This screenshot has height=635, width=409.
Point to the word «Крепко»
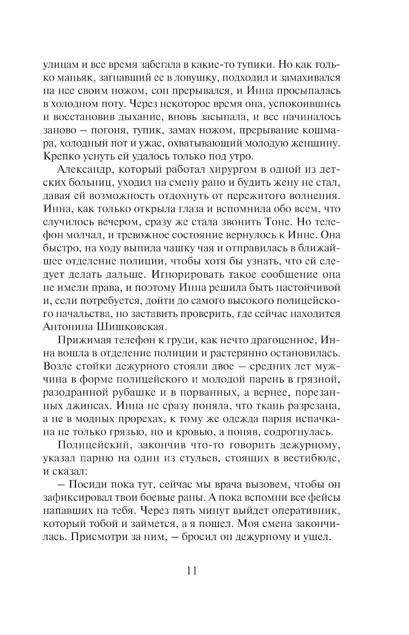click(62, 157)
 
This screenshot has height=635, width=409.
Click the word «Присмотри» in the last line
click(97, 537)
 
